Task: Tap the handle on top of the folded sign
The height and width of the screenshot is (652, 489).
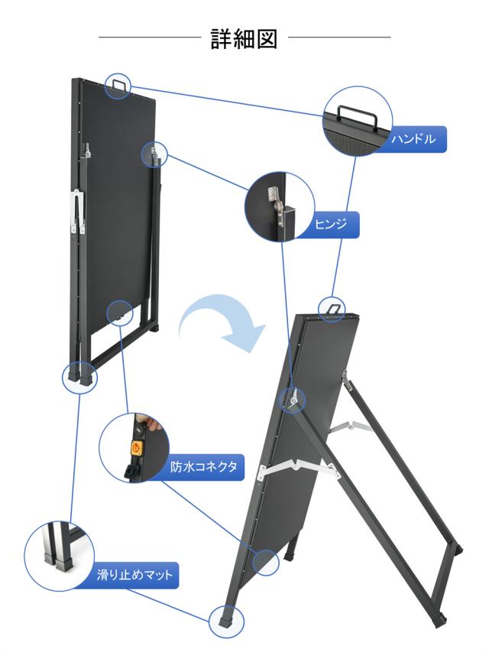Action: coord(119,83)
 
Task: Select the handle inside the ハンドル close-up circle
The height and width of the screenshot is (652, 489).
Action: coord(358,115)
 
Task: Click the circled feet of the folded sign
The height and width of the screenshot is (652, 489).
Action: coord(80,374)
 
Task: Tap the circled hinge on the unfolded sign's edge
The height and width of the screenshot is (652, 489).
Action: coord(291,397)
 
